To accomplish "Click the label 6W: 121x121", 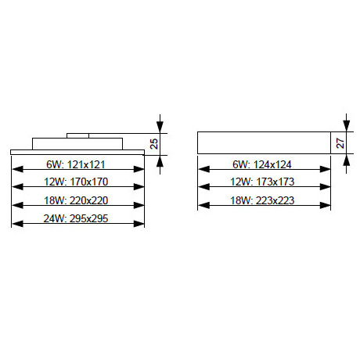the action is (76, 164).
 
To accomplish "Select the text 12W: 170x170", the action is (76, 182).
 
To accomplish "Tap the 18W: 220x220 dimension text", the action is (76, 200).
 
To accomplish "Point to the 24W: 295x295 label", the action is (76, 218).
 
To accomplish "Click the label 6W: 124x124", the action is (262, 164).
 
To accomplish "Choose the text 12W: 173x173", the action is (262, 182).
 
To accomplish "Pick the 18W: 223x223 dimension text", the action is (262, 200).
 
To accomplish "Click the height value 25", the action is (154, 144).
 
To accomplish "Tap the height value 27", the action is (340, 143).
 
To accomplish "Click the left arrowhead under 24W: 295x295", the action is (17, 224).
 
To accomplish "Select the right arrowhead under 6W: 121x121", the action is (139, 169).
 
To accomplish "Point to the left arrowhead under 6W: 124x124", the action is (203, 169).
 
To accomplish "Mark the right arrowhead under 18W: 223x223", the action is (325, 206).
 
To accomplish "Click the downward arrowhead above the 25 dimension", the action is (160, 128).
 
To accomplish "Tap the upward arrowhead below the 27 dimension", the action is (346, 160).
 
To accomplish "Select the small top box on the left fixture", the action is (77, 135).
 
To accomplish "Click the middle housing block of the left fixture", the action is (77, 144).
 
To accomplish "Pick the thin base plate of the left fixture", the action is (77, 153).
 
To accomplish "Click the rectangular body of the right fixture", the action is (264, 142).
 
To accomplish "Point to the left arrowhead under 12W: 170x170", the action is (17, 187).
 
